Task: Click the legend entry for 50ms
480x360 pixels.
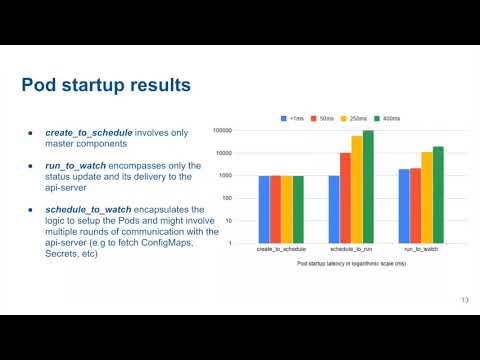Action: coord(326,117)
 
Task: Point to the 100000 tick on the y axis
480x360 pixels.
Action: coord(222,131)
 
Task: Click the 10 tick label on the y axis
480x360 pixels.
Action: coord(229,221)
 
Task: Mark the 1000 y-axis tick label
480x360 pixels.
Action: coord(225,176)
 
